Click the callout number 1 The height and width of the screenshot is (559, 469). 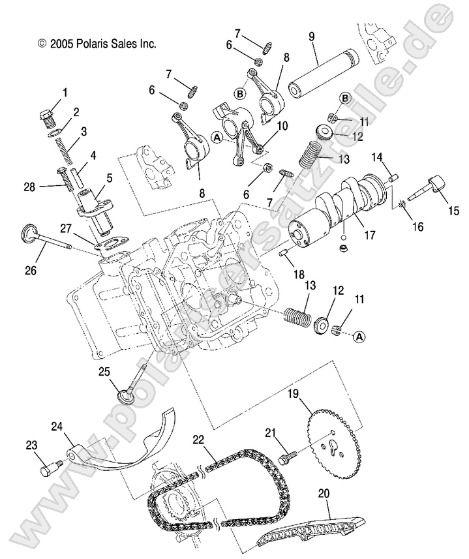pos(64,93)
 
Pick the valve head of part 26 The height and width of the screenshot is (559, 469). pos(29,233)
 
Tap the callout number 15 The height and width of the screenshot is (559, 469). pos(453,210)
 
